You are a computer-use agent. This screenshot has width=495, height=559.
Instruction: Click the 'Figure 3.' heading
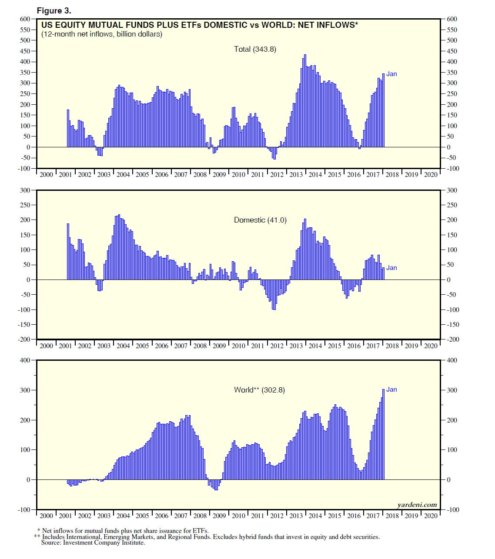(54, 11)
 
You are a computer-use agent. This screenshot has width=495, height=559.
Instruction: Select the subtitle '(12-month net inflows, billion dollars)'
(102, 34)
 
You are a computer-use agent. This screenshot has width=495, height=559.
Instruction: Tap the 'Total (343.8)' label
(255, 49)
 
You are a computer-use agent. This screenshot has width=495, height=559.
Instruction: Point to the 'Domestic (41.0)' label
(260, 220)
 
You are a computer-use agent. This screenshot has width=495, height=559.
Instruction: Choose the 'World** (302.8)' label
(259, 390)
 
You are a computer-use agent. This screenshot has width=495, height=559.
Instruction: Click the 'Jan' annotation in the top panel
(391, 74)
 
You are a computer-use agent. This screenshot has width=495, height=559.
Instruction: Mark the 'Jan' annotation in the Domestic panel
(391, 268)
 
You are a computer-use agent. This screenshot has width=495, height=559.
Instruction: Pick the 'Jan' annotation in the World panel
(391, 389)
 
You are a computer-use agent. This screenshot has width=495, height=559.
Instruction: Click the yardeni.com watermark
(417, 505)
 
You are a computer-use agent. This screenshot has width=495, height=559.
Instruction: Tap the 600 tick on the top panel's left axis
(25, 19)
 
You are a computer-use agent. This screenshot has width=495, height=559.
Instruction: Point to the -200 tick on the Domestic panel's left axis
(24, 339)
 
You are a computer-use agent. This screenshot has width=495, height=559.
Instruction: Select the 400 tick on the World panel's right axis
(452, 360)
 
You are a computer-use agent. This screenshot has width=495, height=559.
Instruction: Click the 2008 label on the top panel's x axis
(200, 175)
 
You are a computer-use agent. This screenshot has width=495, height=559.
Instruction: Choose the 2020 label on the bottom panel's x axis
(431, 516)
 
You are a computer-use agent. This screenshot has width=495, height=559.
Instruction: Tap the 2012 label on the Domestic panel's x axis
(277, 346)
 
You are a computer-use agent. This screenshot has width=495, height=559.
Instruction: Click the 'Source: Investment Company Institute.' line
(93, 542)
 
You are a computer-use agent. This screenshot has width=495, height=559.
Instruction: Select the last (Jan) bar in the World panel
(383, 434)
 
